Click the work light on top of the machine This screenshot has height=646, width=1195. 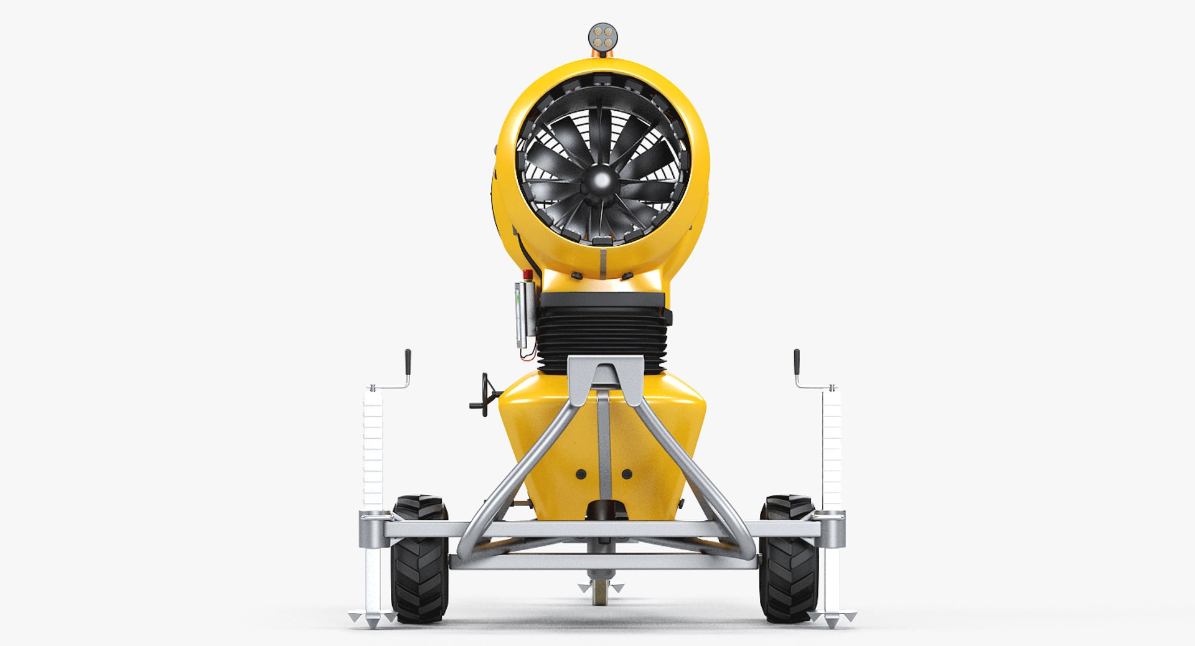pyautogui.click(x=602, y=37)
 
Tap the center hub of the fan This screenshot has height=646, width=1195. pyautogui.click(x=601, y=180)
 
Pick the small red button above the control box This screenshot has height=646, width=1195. pyautogui.click(x=528, y=274)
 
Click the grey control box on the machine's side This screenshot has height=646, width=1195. pyautogui.click(x=525, y=314)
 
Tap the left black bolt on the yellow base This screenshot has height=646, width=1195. pyautogui.click(x=581, y=474)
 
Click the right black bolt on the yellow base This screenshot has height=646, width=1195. pyautogui.click(x=626, y=474)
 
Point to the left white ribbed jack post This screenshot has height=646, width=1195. pyautogui.click(x=373, y=448)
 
